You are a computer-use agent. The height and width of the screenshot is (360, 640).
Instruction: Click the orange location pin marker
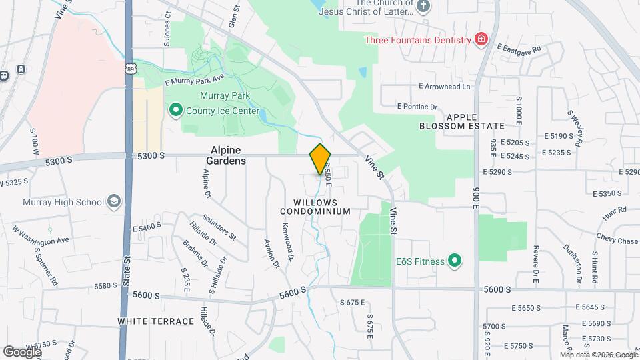click(x=320, y=159)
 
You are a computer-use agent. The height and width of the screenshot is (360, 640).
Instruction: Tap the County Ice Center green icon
click(x=176, y=109)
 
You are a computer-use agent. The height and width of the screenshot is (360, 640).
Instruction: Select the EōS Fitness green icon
click(x=455, y=261)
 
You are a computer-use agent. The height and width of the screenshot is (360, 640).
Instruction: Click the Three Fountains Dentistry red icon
click(x=479, y=40)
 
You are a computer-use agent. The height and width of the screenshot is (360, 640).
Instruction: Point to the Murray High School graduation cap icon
click(x=114, y=202)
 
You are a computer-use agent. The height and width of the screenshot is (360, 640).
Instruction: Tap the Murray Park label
click(x=224, y=95)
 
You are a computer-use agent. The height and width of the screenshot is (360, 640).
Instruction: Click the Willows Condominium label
click(x=315, y=207)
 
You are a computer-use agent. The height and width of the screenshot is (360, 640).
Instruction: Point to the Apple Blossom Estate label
click(x=462, y=121)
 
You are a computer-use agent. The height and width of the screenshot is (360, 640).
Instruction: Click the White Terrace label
click(x=156, y=321)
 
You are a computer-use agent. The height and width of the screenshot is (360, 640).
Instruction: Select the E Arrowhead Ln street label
click(x=444, y=87)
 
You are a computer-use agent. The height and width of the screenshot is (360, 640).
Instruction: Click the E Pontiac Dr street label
click(x=417, y=106)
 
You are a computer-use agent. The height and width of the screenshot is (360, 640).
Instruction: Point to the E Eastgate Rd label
click(x=519, y=47)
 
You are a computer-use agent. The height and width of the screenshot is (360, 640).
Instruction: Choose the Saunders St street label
click(x=224, y=227)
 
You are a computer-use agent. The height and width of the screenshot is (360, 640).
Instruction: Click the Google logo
click(x=22, y=351)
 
